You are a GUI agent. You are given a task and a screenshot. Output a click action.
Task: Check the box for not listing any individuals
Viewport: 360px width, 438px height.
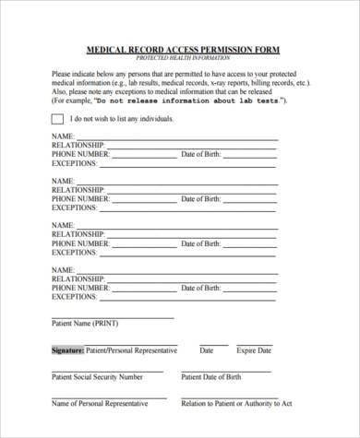coord(57,119)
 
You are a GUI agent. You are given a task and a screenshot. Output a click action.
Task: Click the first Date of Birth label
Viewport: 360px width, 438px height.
coord(201,155)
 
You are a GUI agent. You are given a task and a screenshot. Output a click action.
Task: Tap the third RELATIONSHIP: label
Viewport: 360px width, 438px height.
coord(79,234)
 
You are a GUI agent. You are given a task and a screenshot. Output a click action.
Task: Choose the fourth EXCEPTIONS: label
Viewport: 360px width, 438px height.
coord(75,297)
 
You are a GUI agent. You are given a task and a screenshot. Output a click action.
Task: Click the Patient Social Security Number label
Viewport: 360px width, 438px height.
coord(97,377)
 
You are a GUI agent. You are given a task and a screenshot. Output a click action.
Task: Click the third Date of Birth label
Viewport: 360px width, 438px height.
coord(201,243)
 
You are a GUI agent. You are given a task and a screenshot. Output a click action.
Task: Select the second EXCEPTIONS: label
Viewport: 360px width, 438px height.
coord(75,208)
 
